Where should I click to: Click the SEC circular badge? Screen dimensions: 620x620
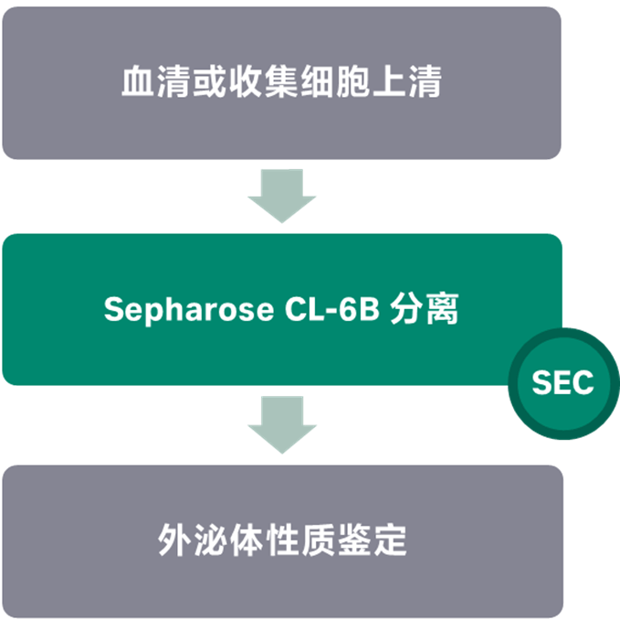[x=563, y=383]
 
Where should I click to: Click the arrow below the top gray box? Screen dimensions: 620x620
[x=281, y=196]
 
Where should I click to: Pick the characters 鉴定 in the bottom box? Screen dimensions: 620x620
[x=363, y=541]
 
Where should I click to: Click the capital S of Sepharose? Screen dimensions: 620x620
[x=113, y=310]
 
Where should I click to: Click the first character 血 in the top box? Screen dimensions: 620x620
[x=135, y=82]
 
